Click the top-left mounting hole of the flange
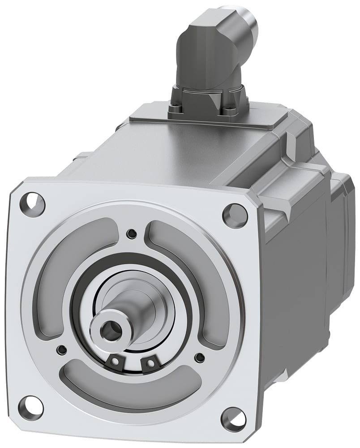pyautogui.click(x=33, y=204)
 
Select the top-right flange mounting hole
pyautogui.click(x=235, y=215)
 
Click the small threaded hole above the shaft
pyautogui.click(x=131, y=233)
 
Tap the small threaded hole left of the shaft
pyautogui.click(x=62, y=349)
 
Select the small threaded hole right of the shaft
pyautogui.click(x=200, y=358)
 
